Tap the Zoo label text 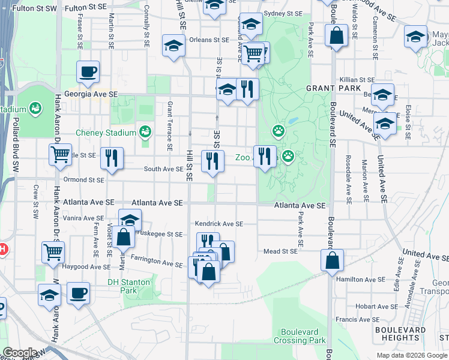coord(242,158)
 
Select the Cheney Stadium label coord(105,133)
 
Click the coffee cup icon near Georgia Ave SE coord(88,73)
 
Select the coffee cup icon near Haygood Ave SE coord(78,293)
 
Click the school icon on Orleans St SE coord(173,46)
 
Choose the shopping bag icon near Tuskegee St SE coord(123,236)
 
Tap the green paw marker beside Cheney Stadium coord(145,131)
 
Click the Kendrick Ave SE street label coord(219,224)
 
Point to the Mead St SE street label coord(281,252)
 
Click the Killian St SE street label coord(357,80)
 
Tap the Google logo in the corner coord(20,353)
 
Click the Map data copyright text coord(411,355)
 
